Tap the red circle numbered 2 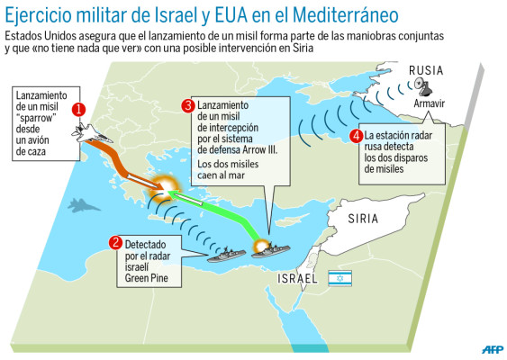click(114, 242)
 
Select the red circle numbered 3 click(187, 106)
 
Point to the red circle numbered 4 click(358, 137)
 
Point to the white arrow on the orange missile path click(135, 176)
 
